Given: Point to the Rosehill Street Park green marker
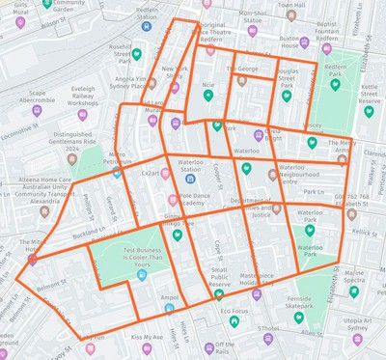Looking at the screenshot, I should [x=137, y=54].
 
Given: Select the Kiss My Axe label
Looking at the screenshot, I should [x=147, y=338].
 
